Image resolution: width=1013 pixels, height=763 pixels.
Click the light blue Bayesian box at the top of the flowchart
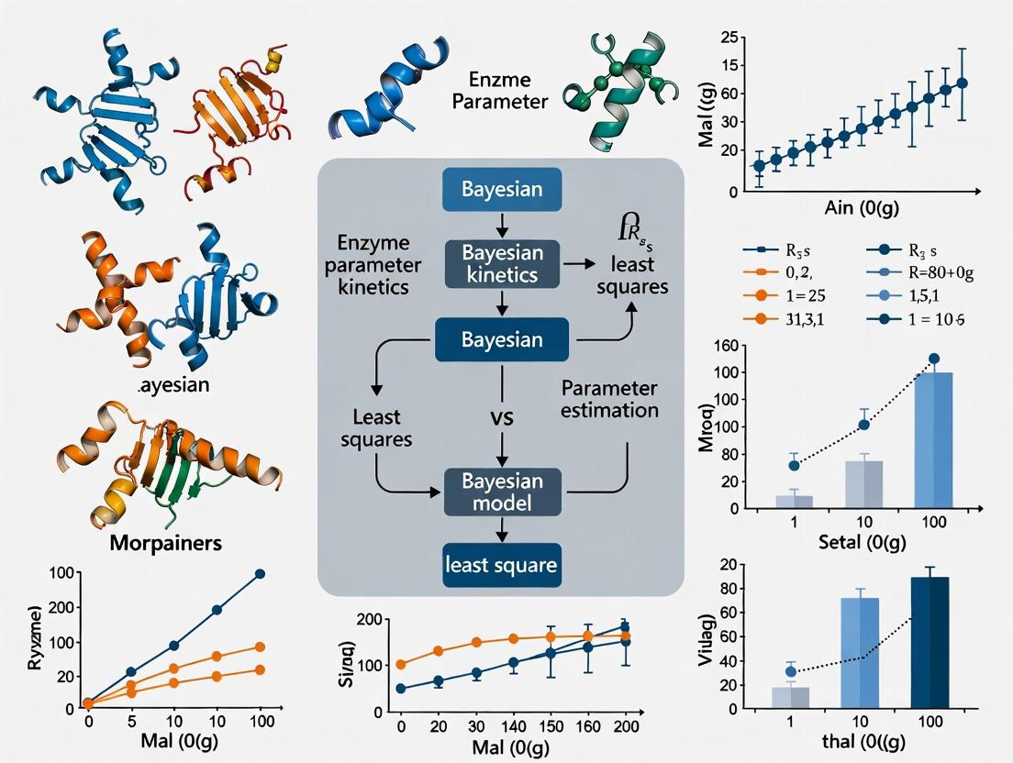(501, 190)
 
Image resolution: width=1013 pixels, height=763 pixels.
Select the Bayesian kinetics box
(501, 263)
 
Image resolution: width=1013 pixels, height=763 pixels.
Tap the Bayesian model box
(501, 492)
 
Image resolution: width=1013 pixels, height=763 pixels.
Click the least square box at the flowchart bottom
(501, 564)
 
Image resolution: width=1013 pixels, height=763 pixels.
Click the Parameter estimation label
(609, 397)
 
